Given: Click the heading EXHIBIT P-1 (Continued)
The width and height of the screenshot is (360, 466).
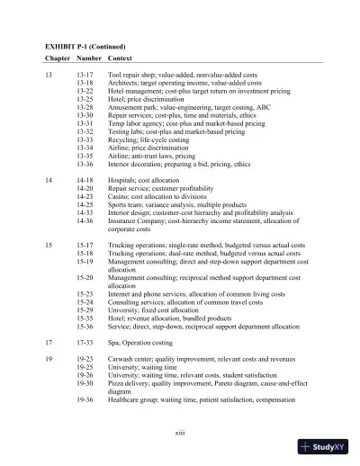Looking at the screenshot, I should point(86,44).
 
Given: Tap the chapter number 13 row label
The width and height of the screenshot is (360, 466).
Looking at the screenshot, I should point(49,80).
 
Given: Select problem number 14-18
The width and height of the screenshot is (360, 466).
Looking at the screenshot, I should point(85,179).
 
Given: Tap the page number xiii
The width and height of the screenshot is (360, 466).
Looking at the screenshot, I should point(180,433).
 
